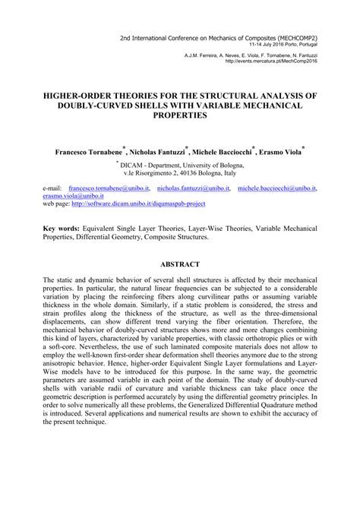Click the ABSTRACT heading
click(180, 264)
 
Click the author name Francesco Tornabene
click(90, 152)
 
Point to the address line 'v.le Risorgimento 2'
click(180, 174)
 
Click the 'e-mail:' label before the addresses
click(52, 187)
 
